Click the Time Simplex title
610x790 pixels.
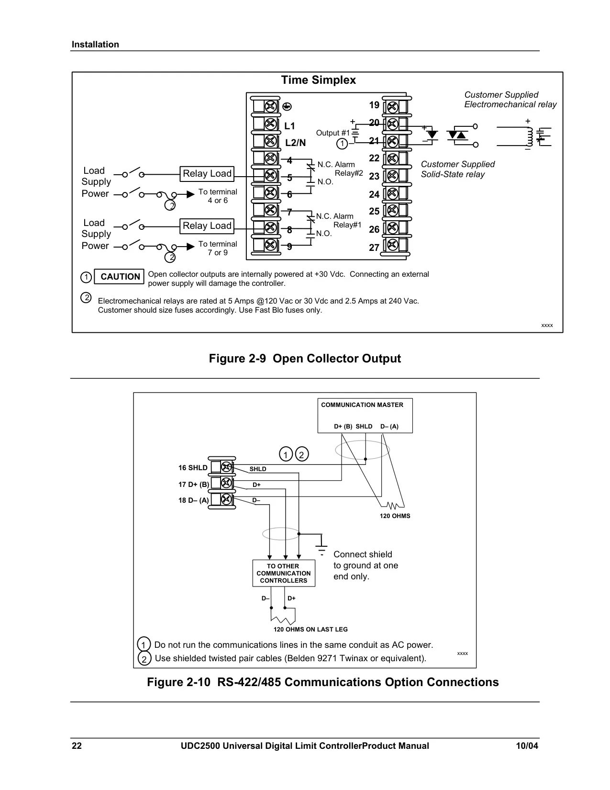(318, 80)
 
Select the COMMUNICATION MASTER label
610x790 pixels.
(362, 405)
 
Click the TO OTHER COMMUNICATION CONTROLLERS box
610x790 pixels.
(284, 573)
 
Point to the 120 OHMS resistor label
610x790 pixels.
(395, 516)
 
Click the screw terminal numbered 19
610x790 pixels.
(392, 107)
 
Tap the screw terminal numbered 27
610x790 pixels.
(392, 245)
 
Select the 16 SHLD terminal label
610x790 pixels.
(192, 468)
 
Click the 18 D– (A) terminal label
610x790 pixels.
(194, 500)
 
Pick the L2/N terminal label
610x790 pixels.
(295, 143)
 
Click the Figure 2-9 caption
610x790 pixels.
(305, 359)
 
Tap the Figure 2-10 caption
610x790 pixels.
(322, 682)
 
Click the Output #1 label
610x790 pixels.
(333, 133)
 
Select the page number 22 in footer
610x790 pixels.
(77, 746)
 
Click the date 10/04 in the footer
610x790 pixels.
(527, 746)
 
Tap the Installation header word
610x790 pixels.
(95, 45)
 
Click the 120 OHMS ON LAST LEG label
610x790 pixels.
(311, 629)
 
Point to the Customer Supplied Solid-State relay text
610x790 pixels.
(458, 169)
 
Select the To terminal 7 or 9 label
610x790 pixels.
(218, 248)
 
